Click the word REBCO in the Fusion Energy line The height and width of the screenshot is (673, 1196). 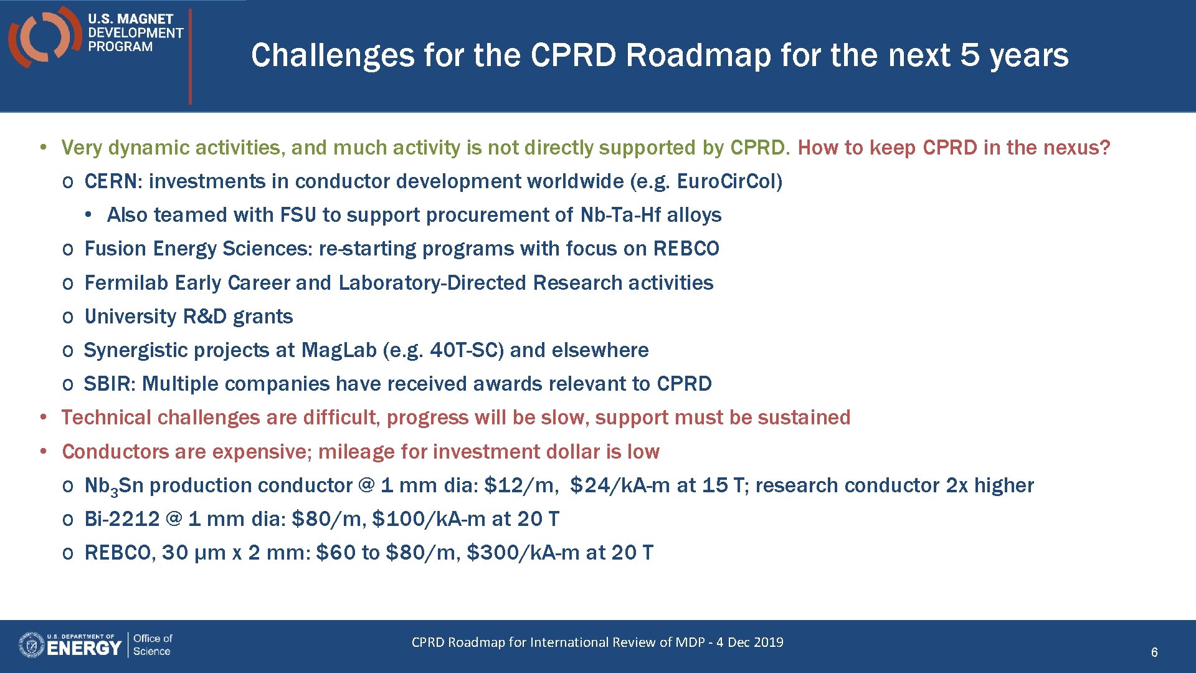(x=686, y=249)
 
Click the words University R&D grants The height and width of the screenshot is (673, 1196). (x=188, y=317)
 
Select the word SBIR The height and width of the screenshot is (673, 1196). (x=108, y=384)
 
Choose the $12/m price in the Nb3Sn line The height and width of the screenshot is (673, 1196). (x=519, y=485)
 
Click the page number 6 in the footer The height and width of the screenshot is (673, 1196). (x=1154, y=652)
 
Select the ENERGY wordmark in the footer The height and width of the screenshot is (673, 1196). (x=83, y=648)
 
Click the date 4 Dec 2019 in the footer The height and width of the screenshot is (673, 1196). (x=749, y=642)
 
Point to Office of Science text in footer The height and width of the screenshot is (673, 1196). (x=152, y=645)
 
